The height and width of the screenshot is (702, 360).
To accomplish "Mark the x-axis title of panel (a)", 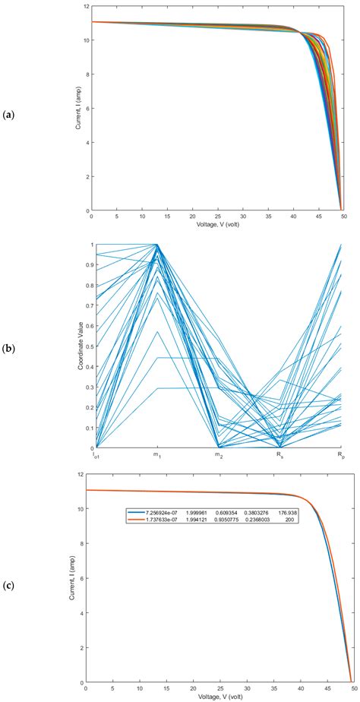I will [218, 226].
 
